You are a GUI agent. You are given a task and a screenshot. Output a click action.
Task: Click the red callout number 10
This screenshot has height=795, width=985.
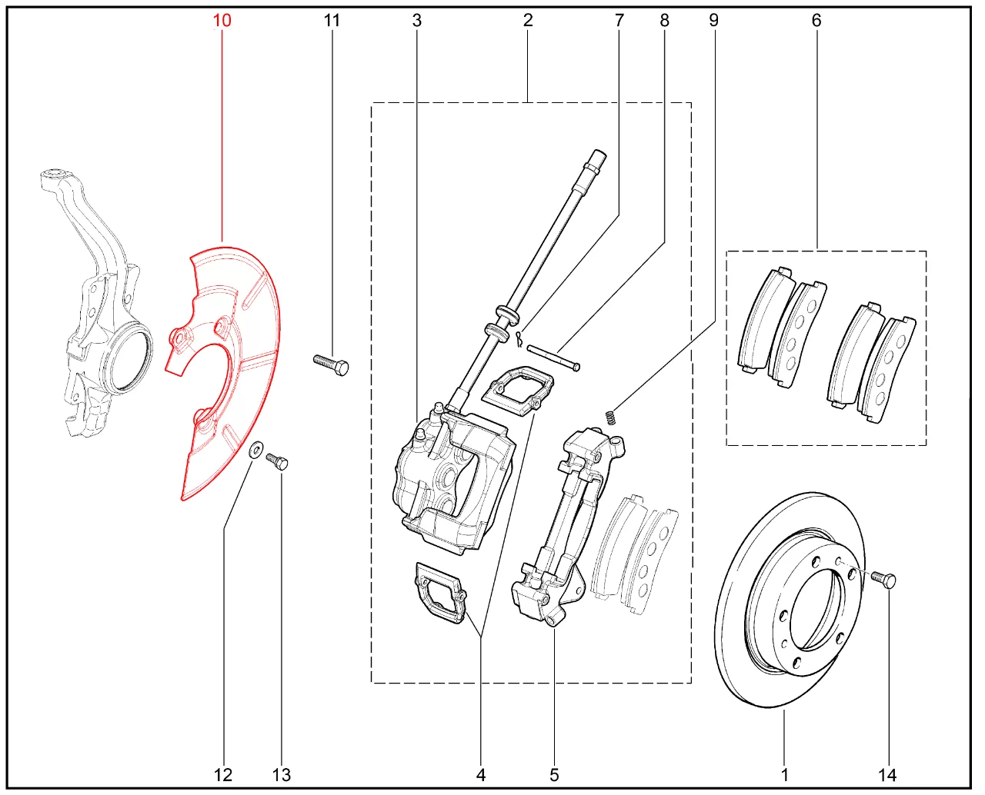(222, 20)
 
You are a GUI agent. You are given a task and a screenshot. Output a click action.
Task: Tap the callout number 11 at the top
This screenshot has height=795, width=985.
(332, 20)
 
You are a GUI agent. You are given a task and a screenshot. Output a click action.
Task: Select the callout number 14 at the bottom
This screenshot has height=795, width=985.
(887, 775)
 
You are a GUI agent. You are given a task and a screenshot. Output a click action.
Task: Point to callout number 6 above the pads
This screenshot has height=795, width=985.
(816, 20)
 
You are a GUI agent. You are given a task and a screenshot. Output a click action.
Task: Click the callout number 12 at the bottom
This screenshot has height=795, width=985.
(223, 775)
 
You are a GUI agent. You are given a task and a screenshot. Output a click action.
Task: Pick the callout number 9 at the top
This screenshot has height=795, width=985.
(713, 20)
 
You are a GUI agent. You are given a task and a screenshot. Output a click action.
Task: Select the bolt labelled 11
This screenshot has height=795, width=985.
(331, 365)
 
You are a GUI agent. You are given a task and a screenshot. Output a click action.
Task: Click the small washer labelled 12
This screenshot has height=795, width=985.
(255, 450)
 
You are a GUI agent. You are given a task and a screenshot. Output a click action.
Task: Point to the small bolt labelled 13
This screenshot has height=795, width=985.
(277, 461)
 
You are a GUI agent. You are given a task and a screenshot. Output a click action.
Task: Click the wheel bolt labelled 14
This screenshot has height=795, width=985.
(883, 579)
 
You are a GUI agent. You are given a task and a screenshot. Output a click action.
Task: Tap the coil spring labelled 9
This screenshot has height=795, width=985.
(611, 417)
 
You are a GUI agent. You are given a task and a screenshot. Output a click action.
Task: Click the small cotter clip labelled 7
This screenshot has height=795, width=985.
(519, 338)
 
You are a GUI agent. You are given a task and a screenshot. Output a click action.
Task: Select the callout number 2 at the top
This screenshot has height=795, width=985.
(528, 20)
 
